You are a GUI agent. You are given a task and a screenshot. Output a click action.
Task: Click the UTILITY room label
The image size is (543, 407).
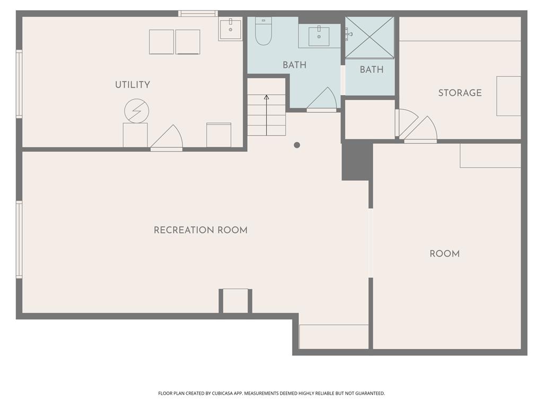[133, 85]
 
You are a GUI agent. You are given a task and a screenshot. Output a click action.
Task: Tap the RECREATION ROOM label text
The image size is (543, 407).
[200, 230]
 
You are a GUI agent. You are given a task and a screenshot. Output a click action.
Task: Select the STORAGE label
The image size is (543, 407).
[460, 93]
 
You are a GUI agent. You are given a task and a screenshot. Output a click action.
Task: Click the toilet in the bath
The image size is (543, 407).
[264, 31]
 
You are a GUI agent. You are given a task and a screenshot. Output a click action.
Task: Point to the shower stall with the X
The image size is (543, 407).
[370, 37]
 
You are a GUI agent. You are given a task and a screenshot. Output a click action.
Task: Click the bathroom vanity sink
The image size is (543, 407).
[319, 36]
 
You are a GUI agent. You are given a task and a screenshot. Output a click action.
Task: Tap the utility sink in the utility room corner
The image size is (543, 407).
[230, 29]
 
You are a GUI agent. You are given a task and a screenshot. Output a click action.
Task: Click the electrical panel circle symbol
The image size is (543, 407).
[136, 111]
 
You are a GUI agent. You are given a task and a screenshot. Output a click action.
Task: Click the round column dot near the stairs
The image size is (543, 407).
[297, 145]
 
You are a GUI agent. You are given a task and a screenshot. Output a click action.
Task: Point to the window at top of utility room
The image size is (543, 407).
[198, 13]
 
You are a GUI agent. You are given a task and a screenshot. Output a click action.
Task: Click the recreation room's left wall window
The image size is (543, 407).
[19, 240]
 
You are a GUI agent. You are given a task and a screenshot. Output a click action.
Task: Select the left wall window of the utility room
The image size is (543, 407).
[19, 84]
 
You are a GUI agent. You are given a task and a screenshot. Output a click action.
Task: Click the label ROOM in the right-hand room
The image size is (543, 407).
[444, 254]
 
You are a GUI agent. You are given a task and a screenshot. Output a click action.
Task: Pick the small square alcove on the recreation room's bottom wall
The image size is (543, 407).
[235, 301]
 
